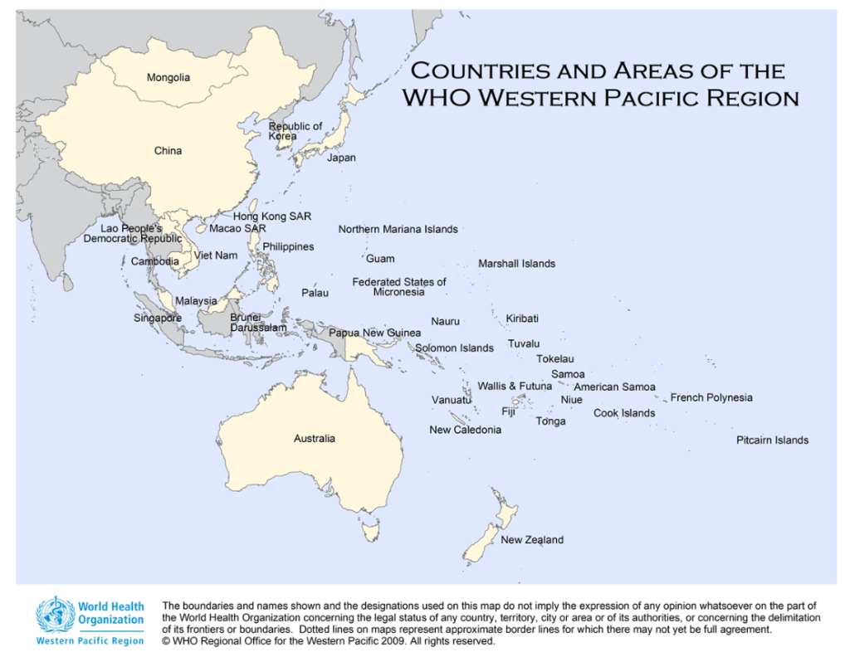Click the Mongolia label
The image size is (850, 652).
[169, 78]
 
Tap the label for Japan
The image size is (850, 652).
[341, 158]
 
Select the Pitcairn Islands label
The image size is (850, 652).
[772, 440]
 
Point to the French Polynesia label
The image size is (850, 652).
[711, 397]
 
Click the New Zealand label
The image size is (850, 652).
[532, 540]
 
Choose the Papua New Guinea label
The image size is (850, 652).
[374, 333]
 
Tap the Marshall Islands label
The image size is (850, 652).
[516, 264]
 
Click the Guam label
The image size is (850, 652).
[380, 259]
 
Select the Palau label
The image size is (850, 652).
[315, 293]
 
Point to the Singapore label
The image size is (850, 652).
[158, 318]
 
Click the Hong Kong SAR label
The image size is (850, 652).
[272, 217]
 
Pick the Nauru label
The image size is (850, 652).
[445, 321]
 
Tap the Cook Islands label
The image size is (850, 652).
[624, 413]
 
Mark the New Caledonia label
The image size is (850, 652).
[465, 430]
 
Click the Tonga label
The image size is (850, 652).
[550, 421]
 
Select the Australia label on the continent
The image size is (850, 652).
[315, 438]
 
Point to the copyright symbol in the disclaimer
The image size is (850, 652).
[167, 641]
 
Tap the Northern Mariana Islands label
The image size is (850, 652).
[398, 229]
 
